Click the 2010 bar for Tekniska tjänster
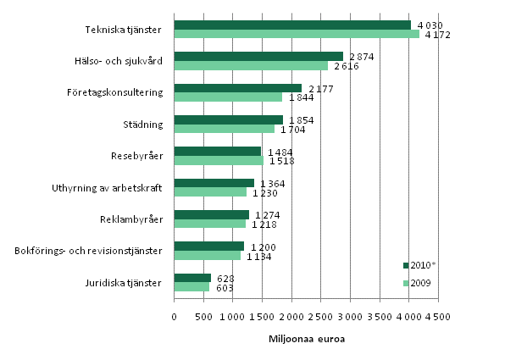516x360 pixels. (x=292, y=25)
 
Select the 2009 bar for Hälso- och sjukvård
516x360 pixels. (x=251, y=66)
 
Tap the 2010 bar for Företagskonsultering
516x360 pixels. (x=237, y=88)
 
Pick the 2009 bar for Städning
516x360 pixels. (x=224, y=130)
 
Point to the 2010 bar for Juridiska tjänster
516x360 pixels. (x=192, y=277)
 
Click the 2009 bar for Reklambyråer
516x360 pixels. (x=209, y=224)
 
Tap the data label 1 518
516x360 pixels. (x=281, y=161)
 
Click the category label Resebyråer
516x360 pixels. (x=137, y=156)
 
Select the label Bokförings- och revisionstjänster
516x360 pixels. (x=90, y=251)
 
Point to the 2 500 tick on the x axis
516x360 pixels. (x=320, y=316)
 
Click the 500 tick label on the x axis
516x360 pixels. (x=203, y=316)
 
